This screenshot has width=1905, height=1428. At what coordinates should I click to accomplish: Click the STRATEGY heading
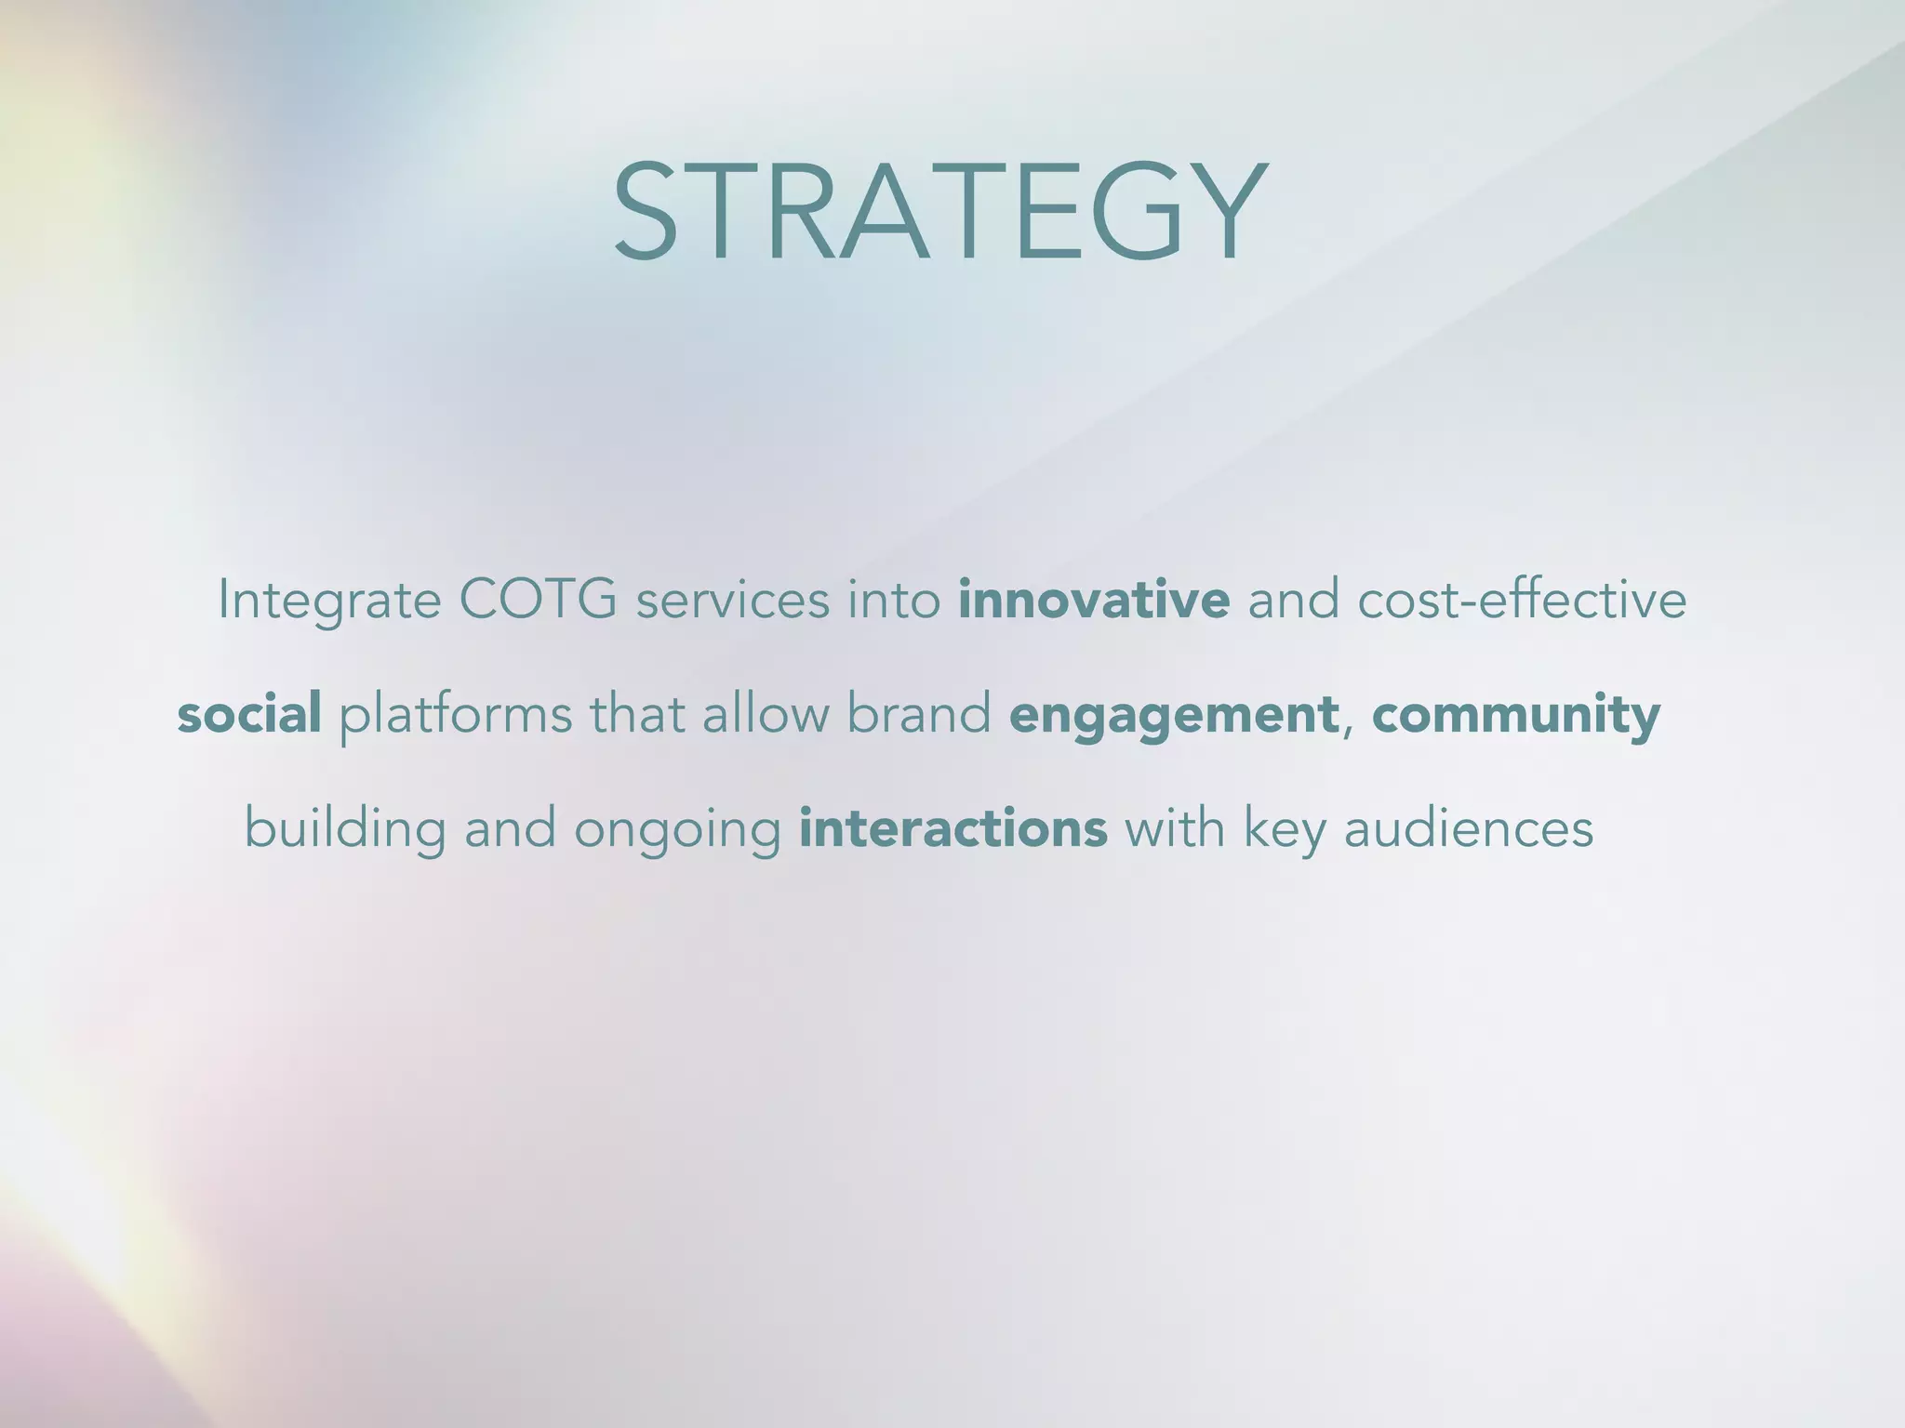tap(939, 213)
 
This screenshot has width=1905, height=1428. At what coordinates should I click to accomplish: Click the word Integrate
tap(329, 600)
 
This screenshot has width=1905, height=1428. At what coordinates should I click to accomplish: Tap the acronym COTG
tap(538, 600)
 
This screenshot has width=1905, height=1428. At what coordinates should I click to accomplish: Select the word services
tap(732, 600)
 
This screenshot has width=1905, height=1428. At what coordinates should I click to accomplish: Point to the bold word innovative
tap(1094, 600)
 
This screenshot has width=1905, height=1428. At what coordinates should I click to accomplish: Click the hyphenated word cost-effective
tap(1522, 600)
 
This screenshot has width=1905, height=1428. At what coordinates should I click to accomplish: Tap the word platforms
tap(455, 716)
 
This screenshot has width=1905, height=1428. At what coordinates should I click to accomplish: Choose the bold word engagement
tap(1173, 716)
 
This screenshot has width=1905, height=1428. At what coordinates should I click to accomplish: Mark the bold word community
tap(1515, 716)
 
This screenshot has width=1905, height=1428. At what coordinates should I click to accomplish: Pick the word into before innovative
tap(894, 600)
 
